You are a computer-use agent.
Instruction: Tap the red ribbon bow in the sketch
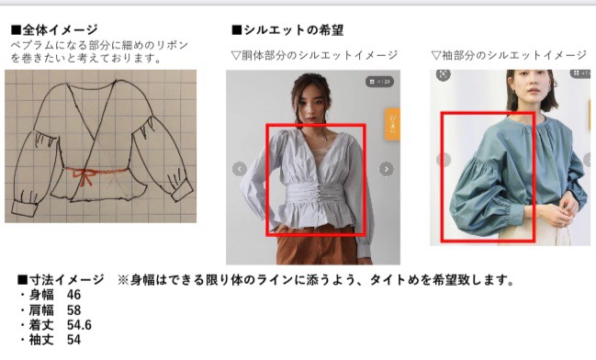pyautogui.click(x=84, y=177)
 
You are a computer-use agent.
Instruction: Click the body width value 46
pyautogui.click(x=73, y=295)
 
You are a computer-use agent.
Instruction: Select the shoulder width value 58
pyautogui.click(x=73, y=309)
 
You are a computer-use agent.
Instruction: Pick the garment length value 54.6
pyautogui.click(x=79, y=325)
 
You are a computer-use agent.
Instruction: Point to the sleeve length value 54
pyautogui.click(x=73, y=340)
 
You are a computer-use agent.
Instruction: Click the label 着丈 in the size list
pyautogui.click(x=41, y=325)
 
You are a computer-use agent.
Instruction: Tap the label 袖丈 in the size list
pyautogui.click(x=41, y=340)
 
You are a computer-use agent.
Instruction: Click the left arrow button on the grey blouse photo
pyautogui.click(x=240, y=169)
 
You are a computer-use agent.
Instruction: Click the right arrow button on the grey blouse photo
pyautogui.click(x=387, y=169)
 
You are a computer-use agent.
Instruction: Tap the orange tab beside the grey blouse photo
pyautogui.click(x=392, y=124)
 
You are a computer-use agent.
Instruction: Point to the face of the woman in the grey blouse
pyautogui.click(x=310, y=105)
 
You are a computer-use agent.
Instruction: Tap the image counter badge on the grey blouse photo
pyautogui.click(x=379, y=82)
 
